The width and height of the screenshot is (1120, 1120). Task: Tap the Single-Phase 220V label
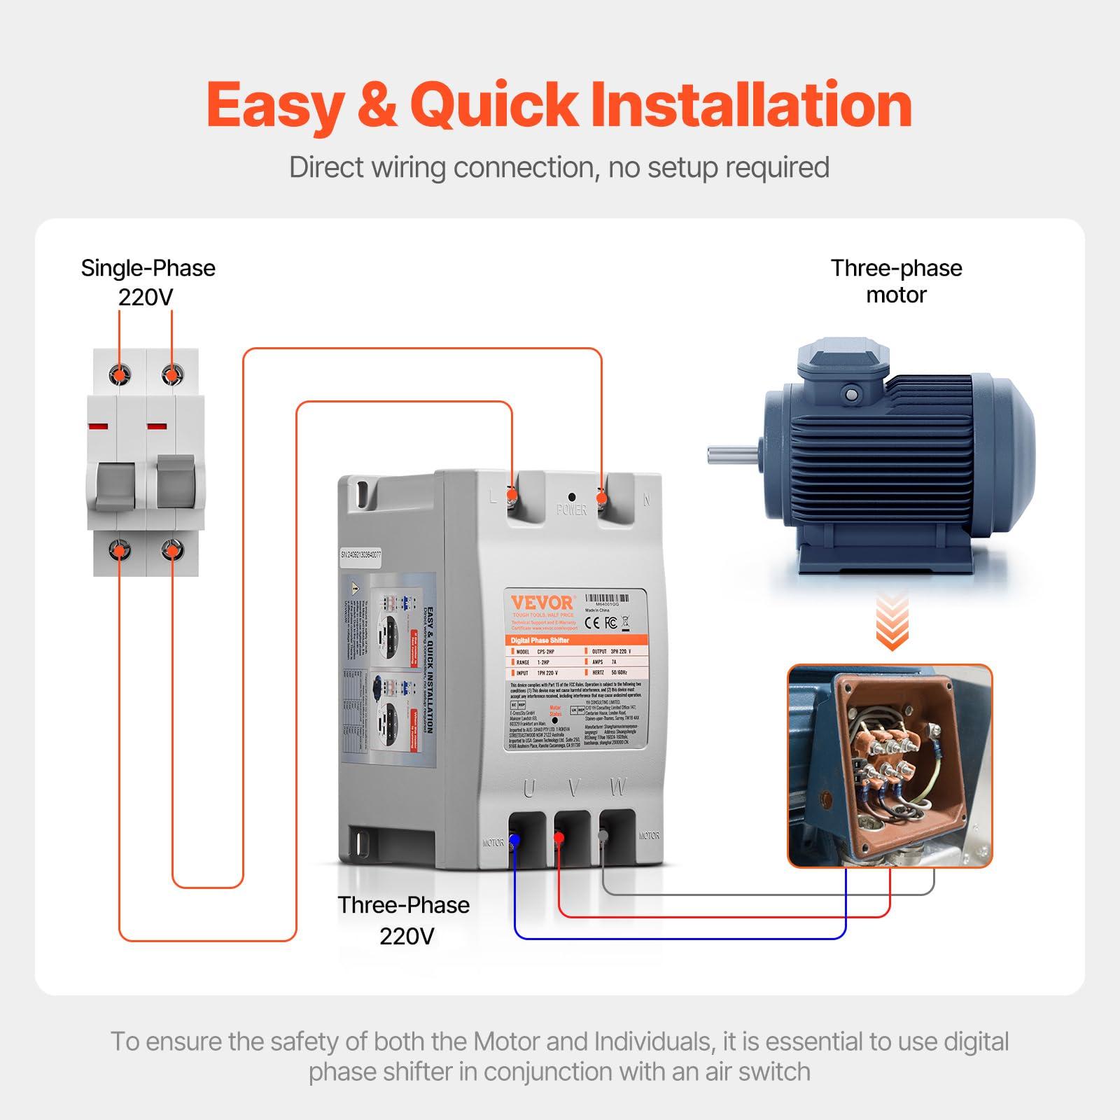tap(148, 282)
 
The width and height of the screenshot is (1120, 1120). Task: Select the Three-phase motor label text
tap(896, 281)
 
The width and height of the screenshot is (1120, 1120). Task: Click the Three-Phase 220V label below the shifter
tap(404, 920)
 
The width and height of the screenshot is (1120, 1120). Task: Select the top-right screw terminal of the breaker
tap(171, 375)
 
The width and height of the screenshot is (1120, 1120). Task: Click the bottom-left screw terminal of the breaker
tap(120, 550)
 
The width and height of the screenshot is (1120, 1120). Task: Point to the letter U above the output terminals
tap(529, 788)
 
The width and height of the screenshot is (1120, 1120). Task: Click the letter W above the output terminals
tap(617, 787)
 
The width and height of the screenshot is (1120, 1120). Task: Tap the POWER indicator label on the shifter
tap(571, 510)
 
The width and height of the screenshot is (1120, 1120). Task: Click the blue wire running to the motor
tap(679, 938)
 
